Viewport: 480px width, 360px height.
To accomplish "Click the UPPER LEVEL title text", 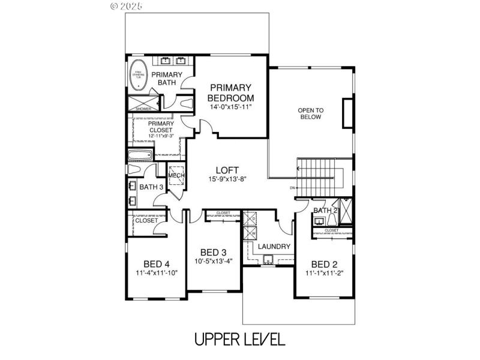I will [x=239, y=339].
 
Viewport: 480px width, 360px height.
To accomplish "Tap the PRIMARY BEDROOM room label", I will [x=230, y=93].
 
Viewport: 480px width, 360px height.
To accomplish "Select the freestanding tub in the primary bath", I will [x=139, y=74].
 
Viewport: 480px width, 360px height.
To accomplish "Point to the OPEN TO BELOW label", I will [x=311, y=113].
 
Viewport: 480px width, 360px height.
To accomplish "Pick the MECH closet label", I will [x=175, y=175].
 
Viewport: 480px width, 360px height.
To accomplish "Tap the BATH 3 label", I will [x=151, y=187].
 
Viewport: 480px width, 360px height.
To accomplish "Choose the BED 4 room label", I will [x=157, y=263].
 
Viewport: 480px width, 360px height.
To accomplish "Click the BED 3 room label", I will [x=213, y=252].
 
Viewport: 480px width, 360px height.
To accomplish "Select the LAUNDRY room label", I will [x=274, y=247].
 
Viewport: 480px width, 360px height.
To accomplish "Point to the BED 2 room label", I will [x=324, y=263].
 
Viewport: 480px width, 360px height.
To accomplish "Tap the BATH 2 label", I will [x=326, y=211].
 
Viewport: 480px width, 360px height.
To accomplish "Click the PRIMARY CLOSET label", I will [x=161, y=127].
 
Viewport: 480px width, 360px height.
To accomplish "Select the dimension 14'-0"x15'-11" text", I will [x=230, y=107].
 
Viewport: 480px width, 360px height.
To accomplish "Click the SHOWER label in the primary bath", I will [x=143, y=109].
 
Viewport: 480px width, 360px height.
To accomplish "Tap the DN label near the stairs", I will [x=292, y=188].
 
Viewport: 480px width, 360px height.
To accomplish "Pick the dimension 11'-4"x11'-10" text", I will [x=157, y=273].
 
